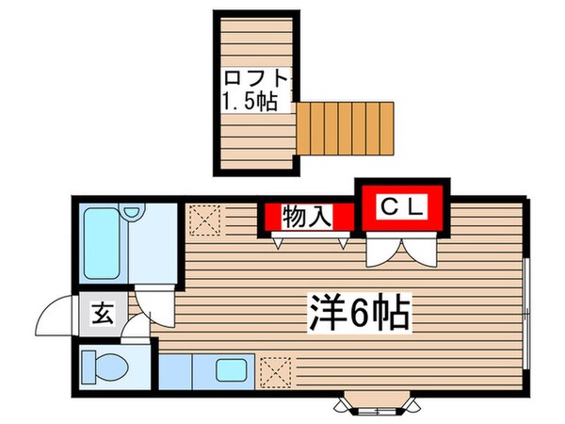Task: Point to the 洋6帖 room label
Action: (x=359, y=309)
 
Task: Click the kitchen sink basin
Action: (x=231, y=369)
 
